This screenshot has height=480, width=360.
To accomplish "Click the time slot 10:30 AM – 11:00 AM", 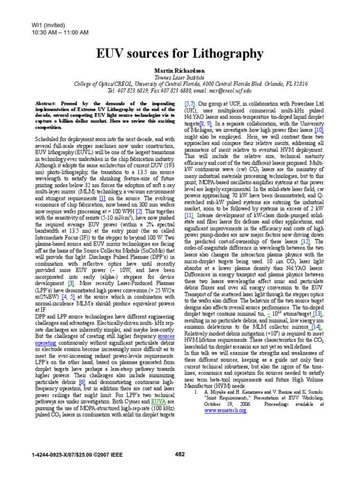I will [53, 32].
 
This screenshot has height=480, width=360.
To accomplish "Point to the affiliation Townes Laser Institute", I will [180, 77].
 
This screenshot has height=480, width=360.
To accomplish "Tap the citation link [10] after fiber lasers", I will [319, 129].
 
